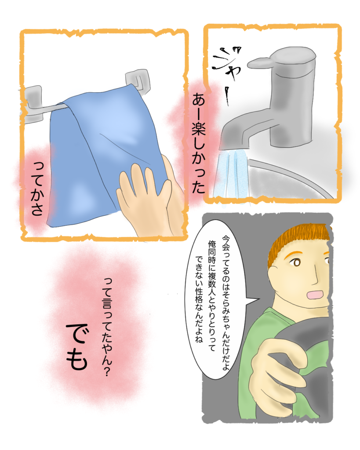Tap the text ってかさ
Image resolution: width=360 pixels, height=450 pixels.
click(x=38, y=189)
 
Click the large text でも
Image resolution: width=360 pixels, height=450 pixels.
click(x=76, y=347)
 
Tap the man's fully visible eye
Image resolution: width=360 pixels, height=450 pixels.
click(x=296, y=262)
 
